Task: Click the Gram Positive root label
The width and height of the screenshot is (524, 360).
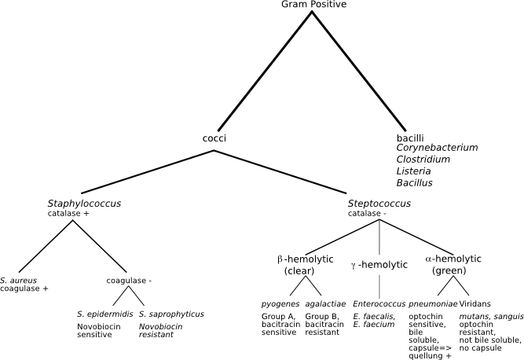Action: [313, 5]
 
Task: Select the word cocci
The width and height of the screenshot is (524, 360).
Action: [214, 138]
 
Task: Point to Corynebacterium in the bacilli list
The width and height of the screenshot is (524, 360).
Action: [437, 148]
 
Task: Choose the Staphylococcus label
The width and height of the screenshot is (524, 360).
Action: [84, 204]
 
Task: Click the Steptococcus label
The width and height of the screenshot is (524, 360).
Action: [379, 204]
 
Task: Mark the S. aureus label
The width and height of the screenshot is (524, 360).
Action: [17, 280]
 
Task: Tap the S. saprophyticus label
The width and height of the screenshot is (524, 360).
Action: [171, 314]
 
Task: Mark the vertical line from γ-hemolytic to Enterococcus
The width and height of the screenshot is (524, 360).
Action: [379, 283]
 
